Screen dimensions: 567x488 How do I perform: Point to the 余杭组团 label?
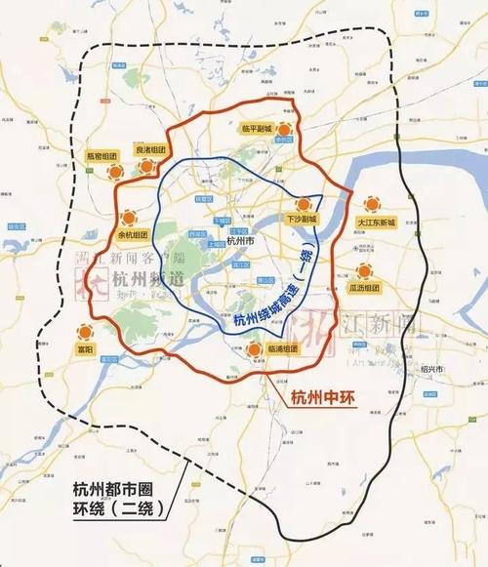[x=132, y=235]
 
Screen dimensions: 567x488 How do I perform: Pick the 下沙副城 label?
[x=302, y=219]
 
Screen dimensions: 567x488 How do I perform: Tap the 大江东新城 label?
[x=376, y=223]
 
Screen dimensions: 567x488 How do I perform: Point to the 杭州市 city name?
[x=240, y=239]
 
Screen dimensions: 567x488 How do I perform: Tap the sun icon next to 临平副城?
[x=285, y=129]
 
